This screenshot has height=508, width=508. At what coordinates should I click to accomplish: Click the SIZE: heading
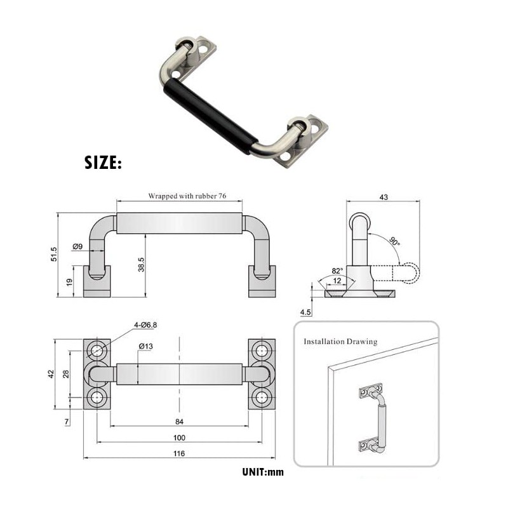coord(103,163)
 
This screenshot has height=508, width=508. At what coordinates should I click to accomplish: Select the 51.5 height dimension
coord(55,254)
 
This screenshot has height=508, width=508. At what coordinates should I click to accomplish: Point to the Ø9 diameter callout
coord(78,246)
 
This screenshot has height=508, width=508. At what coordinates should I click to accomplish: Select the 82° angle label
coord(337,271)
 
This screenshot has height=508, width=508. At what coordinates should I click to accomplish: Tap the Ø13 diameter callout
coord(145,346)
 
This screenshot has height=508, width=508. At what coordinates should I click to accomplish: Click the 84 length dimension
coord(179,420)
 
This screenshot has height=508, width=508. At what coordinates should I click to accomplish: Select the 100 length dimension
coord(179,438)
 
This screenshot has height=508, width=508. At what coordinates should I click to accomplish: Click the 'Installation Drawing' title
coord(340,342)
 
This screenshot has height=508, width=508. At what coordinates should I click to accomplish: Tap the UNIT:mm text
coord(263,472)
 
